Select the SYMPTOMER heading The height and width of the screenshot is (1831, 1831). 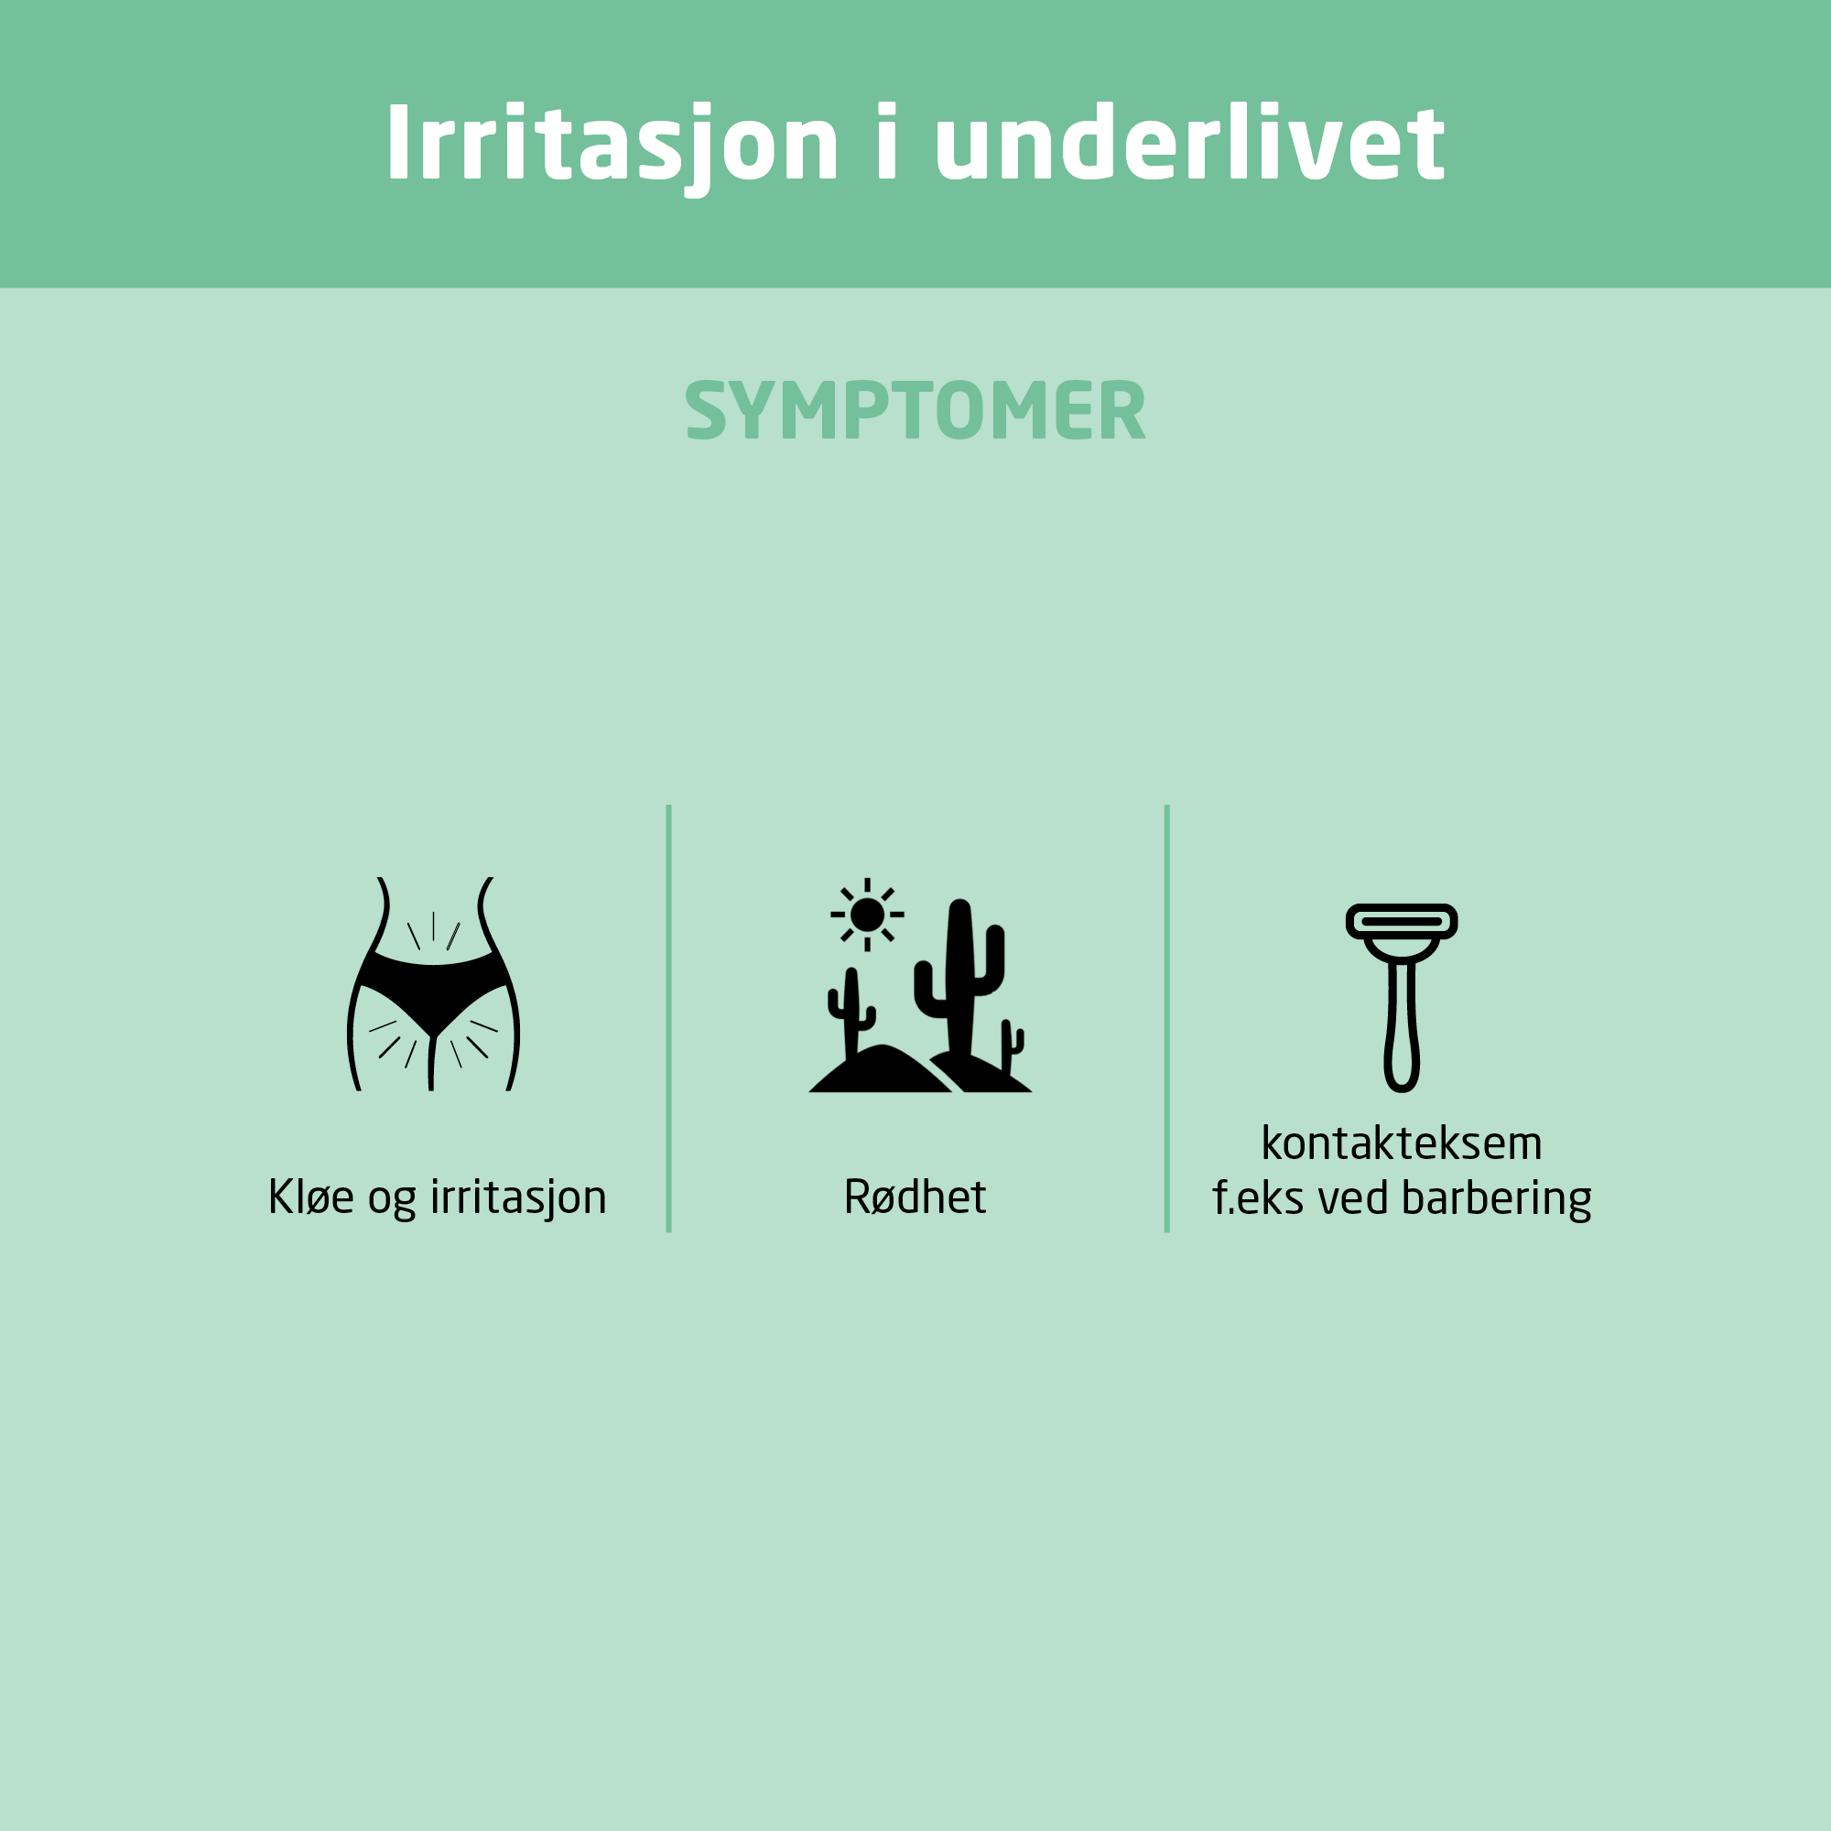(915, 410)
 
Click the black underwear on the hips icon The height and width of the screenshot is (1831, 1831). (433, 991)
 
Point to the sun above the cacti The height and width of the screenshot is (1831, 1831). (867, 915)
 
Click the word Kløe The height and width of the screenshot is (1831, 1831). (311, 1197)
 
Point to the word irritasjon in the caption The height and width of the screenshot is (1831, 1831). (518, 1197)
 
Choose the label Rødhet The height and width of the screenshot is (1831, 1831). (915, 1197)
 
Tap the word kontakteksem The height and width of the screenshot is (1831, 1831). (1402, 1143)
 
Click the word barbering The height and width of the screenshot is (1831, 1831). (1497, 1199)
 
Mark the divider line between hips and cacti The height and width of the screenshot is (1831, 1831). (669, 1019)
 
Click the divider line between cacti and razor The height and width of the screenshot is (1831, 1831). (1166, 1019)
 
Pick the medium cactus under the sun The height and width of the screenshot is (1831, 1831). (851, 1009)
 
